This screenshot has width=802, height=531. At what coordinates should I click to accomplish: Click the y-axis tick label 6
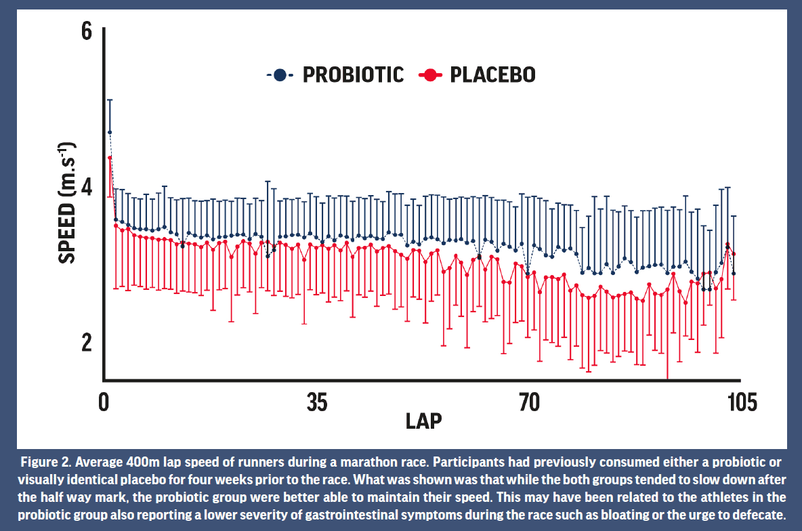85,33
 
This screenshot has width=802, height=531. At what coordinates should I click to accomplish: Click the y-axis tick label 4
85,188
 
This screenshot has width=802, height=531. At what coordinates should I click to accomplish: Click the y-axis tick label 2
85,343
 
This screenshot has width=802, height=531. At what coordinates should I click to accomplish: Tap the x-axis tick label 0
104,402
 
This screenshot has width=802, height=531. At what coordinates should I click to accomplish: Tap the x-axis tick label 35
316,402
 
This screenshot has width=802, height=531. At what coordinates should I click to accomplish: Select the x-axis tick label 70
528,402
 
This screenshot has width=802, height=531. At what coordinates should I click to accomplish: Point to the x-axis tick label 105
740,402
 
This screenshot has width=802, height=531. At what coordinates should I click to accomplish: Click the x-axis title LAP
424,421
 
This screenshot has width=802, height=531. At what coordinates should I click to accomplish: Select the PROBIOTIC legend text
353,75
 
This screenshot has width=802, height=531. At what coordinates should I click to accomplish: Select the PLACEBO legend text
492,75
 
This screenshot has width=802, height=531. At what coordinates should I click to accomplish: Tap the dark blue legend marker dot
280,75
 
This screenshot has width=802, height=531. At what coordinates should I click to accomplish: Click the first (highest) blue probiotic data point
110,132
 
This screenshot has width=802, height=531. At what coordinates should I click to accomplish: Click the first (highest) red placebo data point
110,158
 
